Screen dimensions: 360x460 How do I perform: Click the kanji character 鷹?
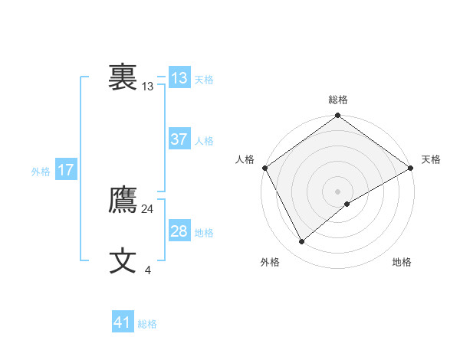click(123, 201)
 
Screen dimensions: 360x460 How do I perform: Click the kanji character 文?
click(123, 261)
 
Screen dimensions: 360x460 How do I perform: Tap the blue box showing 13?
click(179, 77)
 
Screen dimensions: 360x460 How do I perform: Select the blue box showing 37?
click(179, 139)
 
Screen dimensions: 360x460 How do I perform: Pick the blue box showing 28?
click(179, 231)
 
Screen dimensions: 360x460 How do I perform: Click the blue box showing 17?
click(65, 170)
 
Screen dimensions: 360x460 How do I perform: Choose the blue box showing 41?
click(123, 322)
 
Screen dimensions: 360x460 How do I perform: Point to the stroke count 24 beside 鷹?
click(148, 208)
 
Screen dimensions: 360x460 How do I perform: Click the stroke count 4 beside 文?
click(147, 270)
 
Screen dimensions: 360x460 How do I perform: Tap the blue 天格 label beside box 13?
click(204, 79)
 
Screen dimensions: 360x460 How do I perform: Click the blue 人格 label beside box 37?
click(204, 141)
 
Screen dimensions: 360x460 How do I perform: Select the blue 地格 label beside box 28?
click(204, 233)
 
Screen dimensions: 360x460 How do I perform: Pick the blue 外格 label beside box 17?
click(41, 172)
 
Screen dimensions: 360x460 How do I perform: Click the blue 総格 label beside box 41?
click(147, 324)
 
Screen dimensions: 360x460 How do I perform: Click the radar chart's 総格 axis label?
click(338, 100)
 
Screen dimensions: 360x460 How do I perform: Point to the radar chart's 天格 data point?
click(410, 168)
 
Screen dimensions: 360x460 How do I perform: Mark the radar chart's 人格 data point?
click(264, 168)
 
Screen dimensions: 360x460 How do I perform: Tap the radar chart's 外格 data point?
click(301, 241)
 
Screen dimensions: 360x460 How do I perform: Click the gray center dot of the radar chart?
click(337, 191)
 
